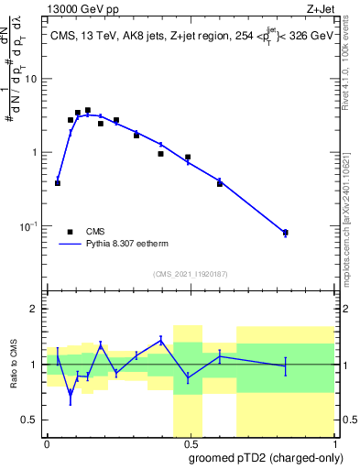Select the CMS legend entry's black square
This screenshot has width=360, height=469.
click(x=70, y=232)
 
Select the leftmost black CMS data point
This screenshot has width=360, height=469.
click(x=58, y=183)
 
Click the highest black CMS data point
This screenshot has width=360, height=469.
click(x=88, y=111)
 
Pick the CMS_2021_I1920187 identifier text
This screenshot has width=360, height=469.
click(x=190, y=274)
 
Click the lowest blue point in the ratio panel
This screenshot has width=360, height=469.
click(x=70, y=394)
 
